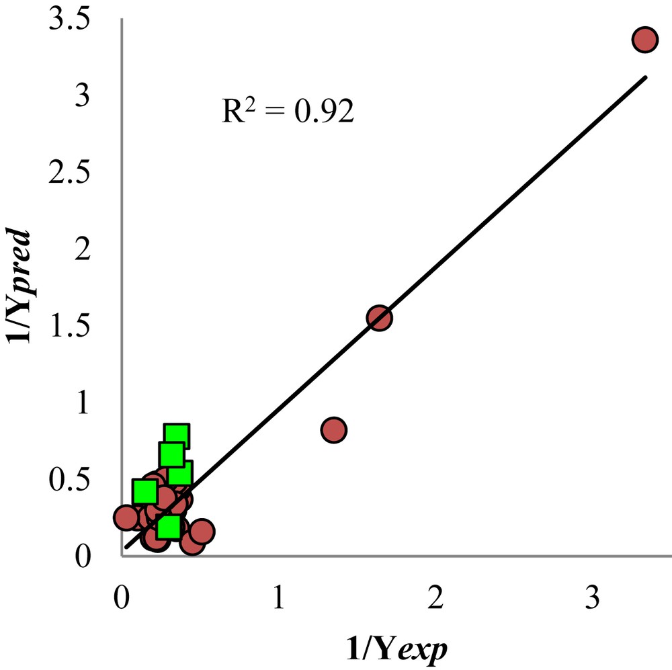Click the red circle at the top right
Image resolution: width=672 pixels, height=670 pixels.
pyautogui.click(x=644, y=40)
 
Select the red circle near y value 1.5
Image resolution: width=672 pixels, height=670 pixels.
pyautogui.click(x=379, y=318)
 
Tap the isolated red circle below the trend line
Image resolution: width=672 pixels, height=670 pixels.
pyautogui.click(x=333, y=430)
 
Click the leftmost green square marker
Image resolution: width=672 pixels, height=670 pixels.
pyautogui.click(x=145, y=492)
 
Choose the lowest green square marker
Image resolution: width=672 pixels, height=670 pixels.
pyautogui.click(x=169, y=527)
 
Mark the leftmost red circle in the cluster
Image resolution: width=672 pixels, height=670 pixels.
pyautogui.click(x=126, y=517)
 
